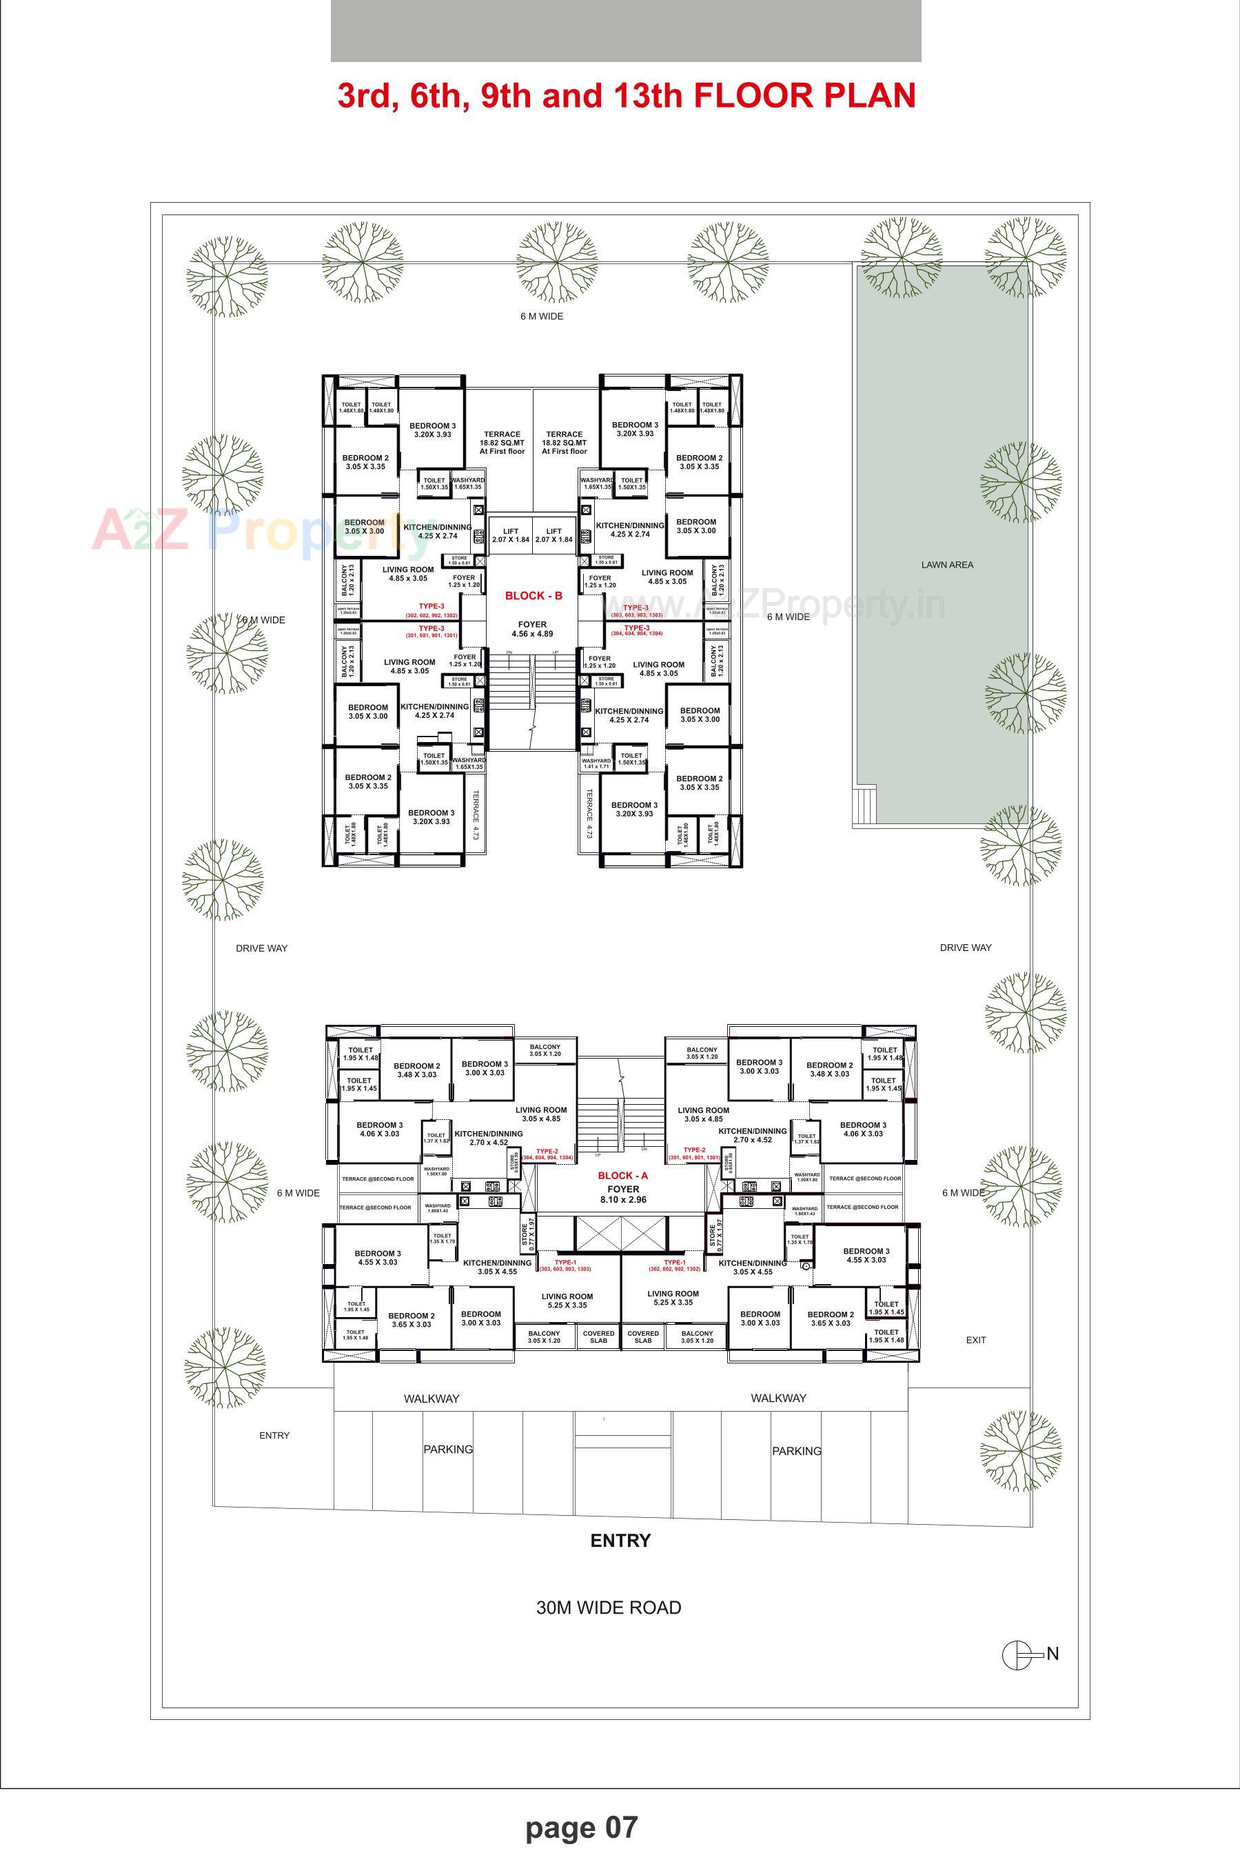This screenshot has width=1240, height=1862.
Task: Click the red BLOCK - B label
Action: click(533, 596)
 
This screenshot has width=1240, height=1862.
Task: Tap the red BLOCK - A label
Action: click(622, 1175)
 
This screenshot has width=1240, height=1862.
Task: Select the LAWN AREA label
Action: click(946, 565)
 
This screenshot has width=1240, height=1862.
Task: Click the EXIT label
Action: click(976, 1340)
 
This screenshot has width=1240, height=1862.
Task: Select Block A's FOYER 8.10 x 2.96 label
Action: click(623, 1194)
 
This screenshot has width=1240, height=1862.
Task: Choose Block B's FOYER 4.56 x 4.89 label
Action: click(532, 629)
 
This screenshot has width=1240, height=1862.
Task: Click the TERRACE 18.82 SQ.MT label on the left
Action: click(502, 442)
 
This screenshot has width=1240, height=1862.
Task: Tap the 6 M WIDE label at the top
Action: click(542, 317)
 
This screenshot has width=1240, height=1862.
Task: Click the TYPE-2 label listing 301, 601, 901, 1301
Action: click(694, 1154)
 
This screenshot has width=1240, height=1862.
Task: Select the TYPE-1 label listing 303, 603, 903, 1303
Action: click(565, 1265)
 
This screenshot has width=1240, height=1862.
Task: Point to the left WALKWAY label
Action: click(431, 1399)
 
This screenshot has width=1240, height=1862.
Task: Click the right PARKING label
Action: click(796, 1451)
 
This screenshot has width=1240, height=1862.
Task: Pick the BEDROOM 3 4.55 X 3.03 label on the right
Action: click(866, 1255)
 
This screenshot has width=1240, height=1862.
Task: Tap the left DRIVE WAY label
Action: click(262, 948)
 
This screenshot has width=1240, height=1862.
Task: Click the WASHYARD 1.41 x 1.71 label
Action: click(596, 763)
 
